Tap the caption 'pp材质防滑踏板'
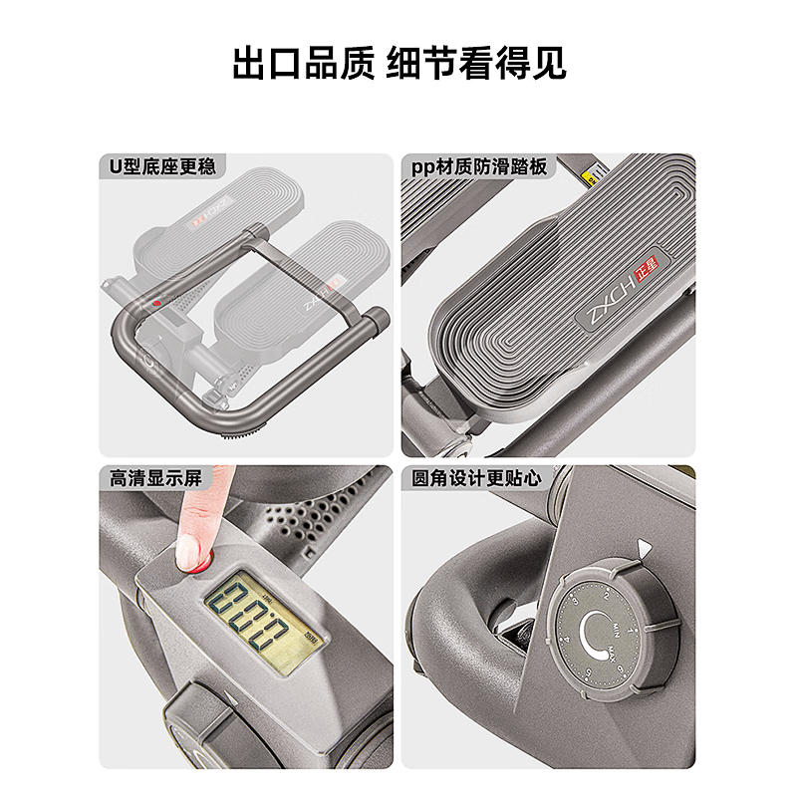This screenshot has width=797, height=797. [480, 166]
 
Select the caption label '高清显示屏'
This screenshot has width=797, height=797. [155, 478]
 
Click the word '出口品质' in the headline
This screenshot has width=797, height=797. [298, 62]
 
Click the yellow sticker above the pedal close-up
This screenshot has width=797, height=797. [588, 177]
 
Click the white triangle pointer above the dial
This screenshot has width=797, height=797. [644, 547]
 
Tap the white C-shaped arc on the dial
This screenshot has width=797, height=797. [592, 636]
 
